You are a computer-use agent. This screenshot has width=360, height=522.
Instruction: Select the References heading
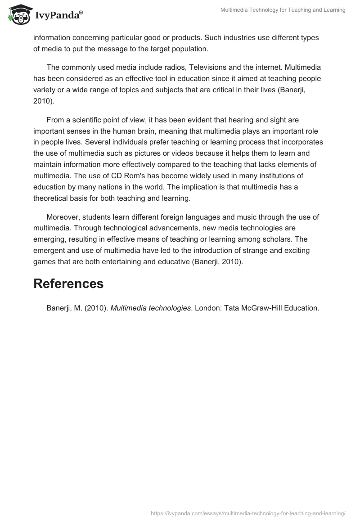click(x=68, y=283)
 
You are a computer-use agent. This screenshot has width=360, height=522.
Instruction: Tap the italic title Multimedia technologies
click(x=150, y=308)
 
